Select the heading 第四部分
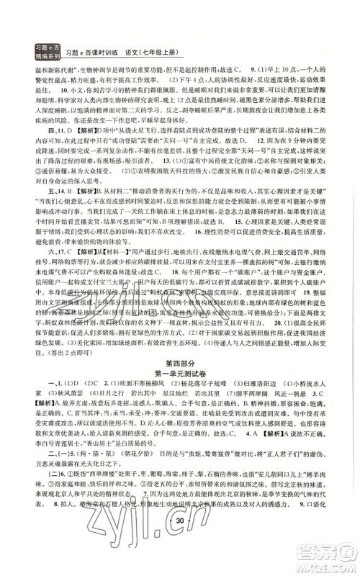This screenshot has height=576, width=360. tap(179, 346)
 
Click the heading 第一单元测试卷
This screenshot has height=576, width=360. tap(179, 358)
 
